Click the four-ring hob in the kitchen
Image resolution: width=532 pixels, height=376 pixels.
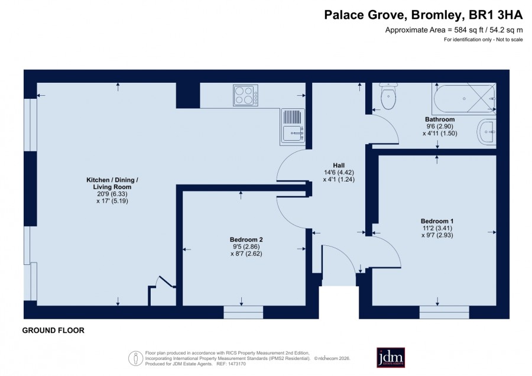[246, 95]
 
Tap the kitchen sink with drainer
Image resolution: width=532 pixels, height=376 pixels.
[293, 127]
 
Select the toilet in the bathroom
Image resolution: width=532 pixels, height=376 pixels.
[388, 97]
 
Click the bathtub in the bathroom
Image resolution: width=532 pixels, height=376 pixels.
[464, 98]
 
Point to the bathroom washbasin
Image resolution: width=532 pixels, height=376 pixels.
[486, 132]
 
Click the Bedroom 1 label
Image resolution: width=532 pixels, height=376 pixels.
[437, 221]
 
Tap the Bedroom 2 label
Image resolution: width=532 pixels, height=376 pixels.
[246, 239]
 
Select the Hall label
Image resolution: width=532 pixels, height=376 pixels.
[339, 166]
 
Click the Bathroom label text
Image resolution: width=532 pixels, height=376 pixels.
[440, 119]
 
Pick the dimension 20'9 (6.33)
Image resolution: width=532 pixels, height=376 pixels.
[112, 194]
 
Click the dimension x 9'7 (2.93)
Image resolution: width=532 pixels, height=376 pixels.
[437, 235]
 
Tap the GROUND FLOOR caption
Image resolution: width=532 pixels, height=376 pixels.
[53, 330]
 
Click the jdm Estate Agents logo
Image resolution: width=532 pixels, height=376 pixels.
[391, 357]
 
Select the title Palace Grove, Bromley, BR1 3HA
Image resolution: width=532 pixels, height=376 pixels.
[423, 15]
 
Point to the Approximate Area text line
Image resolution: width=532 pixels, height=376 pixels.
[454, 30]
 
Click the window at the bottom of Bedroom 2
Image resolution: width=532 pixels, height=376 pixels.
[244, 312]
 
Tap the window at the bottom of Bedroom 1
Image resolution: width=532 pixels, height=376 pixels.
[445, 312]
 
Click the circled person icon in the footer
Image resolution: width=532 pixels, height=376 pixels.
[136, 358]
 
